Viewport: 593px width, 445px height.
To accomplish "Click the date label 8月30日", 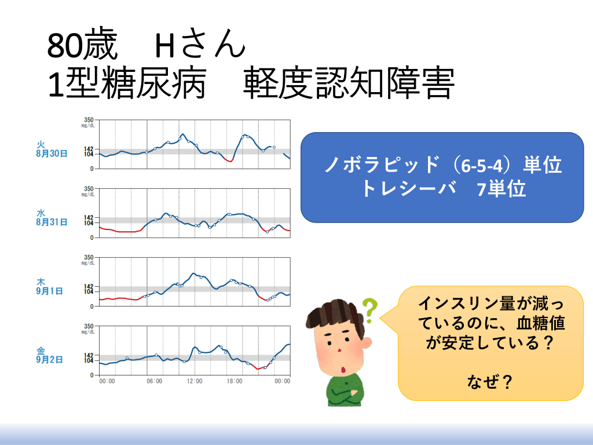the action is [x=52, y=154].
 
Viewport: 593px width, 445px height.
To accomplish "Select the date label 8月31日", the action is [x=52, y=222].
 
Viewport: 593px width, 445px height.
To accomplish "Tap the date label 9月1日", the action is [x=50, y=291].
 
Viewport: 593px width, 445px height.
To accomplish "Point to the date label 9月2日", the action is [x=50, y=359].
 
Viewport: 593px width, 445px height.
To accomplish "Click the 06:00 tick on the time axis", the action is [x=154, y=381].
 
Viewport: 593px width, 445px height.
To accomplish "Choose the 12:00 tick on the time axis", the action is [x=195, y=381].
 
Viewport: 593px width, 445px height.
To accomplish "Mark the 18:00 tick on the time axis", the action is [x=235, y=381].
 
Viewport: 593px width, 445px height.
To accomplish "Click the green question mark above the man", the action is [x=370, y=311].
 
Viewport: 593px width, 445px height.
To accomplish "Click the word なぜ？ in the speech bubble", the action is [x=490, y=381].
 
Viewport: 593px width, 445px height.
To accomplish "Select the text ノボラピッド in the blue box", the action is [x=382, y=165].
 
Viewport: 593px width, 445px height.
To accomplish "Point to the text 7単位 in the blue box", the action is [x=502, y=188].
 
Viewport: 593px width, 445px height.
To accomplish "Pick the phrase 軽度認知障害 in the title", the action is [x=348, y=83].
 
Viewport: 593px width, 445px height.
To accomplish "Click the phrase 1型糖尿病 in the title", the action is [x=127, y=83].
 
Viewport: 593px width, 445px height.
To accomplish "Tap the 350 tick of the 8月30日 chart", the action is [x=89, y=120].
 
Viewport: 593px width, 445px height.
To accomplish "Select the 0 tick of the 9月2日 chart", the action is [x=91, y=375].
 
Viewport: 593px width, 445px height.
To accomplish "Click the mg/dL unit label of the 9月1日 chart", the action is [x=88, y=263].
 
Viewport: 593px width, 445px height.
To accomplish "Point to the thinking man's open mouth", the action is [x=343, y=370].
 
